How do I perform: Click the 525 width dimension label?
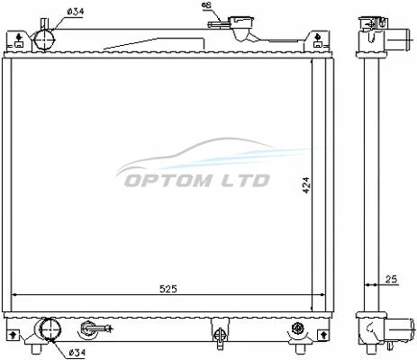coord(168,289)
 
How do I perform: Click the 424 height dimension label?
coord(306,185)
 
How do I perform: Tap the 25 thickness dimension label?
coord(391,279)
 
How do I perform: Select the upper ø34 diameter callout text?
coord(76,12)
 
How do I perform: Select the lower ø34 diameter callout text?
coord(77,353)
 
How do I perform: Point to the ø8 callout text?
coord(207,5)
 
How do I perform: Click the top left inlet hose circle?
coord(45,40)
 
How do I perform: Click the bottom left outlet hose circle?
coord(50,329)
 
